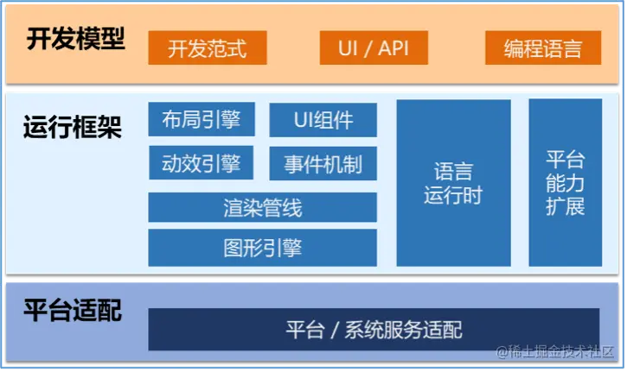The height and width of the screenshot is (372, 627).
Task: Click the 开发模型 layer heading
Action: (x=75, y=41)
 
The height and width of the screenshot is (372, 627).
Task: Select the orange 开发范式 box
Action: (x=207, y=47)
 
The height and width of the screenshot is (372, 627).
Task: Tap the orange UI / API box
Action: (x=374, y=47)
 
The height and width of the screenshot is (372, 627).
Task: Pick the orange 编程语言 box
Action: (x=543, y=47)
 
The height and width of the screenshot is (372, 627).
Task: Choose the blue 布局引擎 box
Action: (x=202, y=119)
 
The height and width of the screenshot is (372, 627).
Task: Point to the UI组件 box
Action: (x=323, y=119)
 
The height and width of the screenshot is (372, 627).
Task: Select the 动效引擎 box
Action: (x=202, y=162)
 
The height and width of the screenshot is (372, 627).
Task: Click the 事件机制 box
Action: (x=323, y=162)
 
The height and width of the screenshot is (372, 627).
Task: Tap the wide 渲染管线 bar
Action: (x=262, y=207)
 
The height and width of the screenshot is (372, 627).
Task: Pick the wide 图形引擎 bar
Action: (x=262, y=249)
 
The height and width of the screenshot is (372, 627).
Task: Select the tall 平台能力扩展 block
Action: (x=566, y=183)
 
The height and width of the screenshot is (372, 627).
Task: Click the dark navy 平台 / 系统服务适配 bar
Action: (x=374, y=329)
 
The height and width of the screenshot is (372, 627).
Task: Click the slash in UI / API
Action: (x=373, y=47)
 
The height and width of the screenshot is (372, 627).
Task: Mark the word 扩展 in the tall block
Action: (x=566, y=206)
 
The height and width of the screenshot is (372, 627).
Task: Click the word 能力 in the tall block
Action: (x=566, y=183)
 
